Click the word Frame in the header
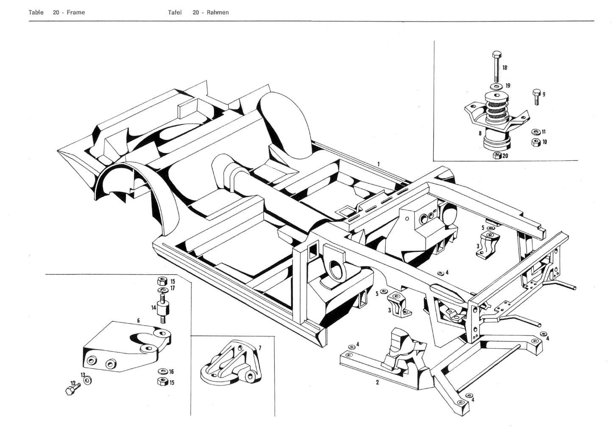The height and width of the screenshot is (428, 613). [x=75, y=12]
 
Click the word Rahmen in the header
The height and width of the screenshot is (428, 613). [x=217, y=12]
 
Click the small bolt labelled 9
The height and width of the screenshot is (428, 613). [x=536, y=96]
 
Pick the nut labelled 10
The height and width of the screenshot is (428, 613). [x=535, y=142]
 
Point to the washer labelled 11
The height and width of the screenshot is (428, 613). [x=535, y=132]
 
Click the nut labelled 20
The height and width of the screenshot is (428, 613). [x=497, y=156]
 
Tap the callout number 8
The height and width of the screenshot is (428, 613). [x=480, y=133]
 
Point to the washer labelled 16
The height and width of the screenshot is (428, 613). [x=162, y=372]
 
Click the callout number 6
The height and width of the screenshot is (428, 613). [x=138, y=321]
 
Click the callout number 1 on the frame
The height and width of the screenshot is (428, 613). [x=379, y=163]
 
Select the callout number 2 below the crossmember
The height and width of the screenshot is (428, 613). [x=377, y=382]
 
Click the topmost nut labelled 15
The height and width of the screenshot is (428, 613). [x=162, y=281]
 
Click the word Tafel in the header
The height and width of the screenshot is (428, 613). [x=175, y=12]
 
